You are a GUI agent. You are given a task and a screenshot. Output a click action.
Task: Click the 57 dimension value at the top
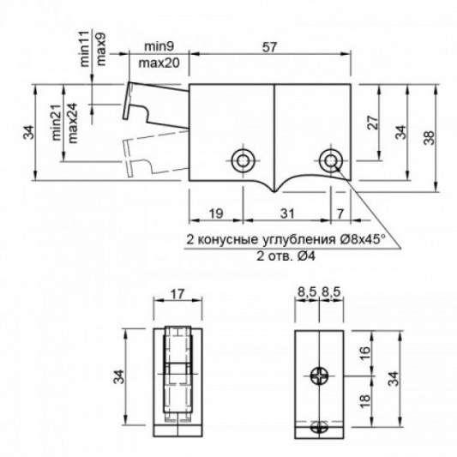click(269, 47)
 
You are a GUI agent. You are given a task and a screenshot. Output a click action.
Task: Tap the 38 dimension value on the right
click(429, 138)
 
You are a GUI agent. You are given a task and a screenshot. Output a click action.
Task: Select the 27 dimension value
click(373, 123)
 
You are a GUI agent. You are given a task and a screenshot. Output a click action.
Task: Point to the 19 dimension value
click(216, 213)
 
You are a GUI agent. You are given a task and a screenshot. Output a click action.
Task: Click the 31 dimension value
click(288, 213)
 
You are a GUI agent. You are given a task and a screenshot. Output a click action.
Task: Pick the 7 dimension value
click(340, 214)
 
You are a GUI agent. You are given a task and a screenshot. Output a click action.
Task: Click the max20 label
click(159, 63)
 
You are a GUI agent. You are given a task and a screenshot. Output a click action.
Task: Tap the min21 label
click(57, 123)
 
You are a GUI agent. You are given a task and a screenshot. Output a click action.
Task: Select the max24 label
click(73, 123)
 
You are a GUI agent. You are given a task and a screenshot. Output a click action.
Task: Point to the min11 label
click(85, 49)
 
